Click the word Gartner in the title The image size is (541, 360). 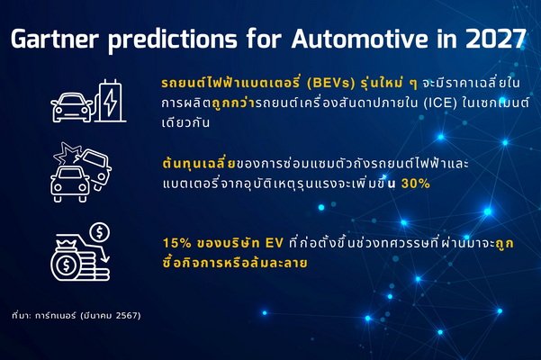point(55,39)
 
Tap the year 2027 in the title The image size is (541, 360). point(495,39)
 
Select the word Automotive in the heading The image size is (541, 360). point(359,39)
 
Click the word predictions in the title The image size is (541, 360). point(173,40)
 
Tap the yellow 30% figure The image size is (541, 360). point(416,184)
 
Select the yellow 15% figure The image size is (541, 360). point(177,243)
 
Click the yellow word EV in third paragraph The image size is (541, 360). point(275,243)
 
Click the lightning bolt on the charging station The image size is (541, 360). point(111,102)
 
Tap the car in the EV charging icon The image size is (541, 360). point(72,108)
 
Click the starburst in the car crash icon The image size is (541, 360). point(67,153)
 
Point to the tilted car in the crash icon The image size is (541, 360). point(96,168)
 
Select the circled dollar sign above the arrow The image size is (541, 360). point(100,232)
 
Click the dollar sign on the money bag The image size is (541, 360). point(65,265)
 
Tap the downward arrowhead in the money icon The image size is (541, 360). point(105,258)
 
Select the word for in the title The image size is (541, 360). point(264,39)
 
